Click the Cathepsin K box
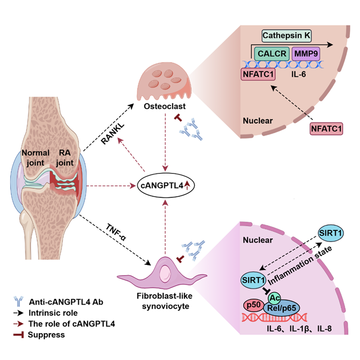point(286,36)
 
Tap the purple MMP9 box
point(306,53)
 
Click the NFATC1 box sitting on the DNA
point(259,74)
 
